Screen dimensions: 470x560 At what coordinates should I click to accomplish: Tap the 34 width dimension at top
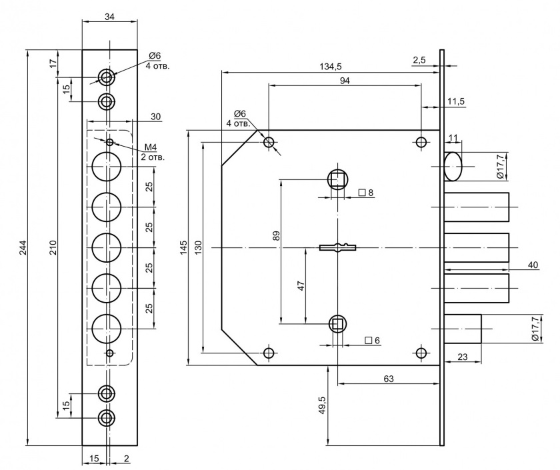pos(110,16)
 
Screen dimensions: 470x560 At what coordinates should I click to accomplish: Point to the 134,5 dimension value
pos(331,66)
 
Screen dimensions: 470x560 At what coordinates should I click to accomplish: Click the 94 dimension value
pos(345,80)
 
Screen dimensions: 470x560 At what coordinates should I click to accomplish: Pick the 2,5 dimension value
pos(419,60)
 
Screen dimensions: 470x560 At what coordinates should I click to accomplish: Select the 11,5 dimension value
pos(456,101)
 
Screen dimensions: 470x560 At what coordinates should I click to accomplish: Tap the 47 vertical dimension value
pos(301,286)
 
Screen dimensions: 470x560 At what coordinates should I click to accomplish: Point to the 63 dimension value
pos(389,379)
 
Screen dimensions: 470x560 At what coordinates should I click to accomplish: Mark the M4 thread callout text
pos(150,147)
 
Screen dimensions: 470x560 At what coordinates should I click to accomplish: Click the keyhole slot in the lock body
pos(339,248)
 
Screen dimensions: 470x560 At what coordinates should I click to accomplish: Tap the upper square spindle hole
pos(338,179)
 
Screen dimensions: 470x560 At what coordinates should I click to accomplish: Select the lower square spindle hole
pos(338,325)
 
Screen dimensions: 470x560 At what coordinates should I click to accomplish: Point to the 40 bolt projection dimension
pos(533,265)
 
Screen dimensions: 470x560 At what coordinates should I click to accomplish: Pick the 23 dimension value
pos(461,357)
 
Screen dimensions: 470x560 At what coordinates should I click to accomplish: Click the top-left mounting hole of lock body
pos(269,143)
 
